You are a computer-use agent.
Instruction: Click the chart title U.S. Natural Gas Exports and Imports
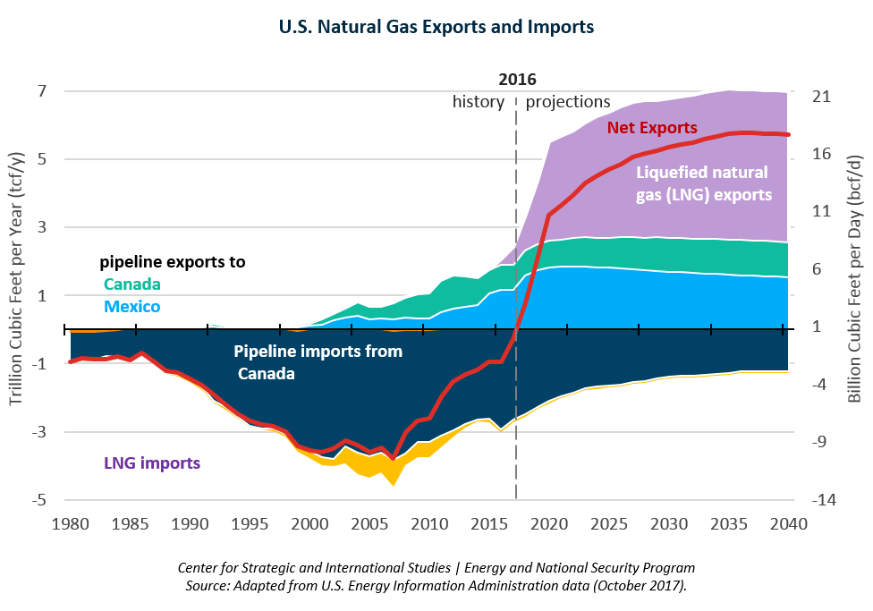(436, 27)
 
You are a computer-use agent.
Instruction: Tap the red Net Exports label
(652, 128)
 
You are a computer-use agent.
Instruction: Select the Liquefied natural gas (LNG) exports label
(703, 182)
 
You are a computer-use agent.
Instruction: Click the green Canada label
(132, 284)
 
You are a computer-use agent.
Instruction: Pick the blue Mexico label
(132, 307)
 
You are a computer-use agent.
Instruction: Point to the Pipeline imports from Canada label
(318, 362)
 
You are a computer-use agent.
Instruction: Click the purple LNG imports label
(152, 463)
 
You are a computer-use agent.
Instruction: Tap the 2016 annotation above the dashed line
(517, 80)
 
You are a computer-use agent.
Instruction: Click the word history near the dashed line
(479, 102)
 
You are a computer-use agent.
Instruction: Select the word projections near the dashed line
(568, 102)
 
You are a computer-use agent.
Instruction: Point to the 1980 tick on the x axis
(70, 522)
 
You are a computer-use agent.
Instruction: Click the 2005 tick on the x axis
(369, 522)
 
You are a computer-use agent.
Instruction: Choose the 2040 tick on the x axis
(787, 522)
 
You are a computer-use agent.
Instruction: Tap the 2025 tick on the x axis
(608, 522)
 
